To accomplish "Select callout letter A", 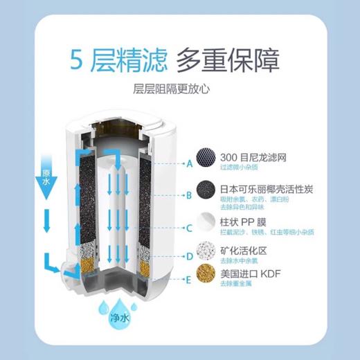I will (x=189, y=164).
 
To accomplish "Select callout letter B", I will (x=189, y=196).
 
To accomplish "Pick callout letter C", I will (x=189, y=227).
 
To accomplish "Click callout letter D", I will (x=189, y=257).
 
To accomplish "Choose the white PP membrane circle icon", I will (x=206, y=222).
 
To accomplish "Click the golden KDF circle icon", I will (x=206, y=274).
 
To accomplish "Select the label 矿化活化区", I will (x=242, y=247).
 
